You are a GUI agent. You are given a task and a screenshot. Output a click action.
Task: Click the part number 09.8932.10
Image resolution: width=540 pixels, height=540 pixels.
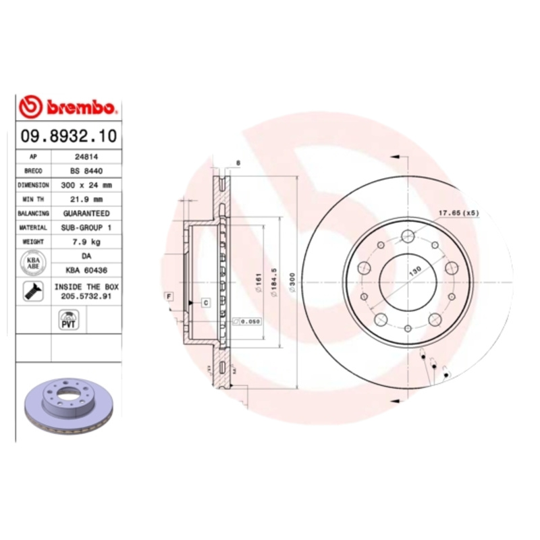pos(68,136)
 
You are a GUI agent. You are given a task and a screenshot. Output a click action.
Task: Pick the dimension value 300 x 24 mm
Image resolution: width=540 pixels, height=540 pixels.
pos(86,185)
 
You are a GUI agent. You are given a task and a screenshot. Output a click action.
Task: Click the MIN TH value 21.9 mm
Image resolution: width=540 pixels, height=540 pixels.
pos(86,199)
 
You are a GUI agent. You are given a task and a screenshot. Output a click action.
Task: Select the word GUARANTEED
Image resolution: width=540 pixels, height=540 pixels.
pos(86,213)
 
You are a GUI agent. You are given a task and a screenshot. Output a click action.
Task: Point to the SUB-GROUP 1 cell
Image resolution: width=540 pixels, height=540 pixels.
pos(86,227)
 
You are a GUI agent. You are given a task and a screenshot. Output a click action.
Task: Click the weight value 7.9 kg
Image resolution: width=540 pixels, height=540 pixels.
pos(86,242)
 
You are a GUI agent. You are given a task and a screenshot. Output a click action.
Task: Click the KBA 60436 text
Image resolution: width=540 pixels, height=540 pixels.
pos(86,270)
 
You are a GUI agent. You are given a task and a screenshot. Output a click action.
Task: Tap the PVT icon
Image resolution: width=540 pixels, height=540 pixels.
pos(69,320)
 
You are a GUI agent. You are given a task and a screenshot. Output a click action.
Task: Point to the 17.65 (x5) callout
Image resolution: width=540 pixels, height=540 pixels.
pos(458,213)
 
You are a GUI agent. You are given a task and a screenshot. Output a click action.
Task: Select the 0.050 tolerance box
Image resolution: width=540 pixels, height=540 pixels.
pos(247,323)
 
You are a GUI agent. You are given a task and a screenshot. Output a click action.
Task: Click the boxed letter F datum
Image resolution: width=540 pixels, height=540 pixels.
pos(168,296)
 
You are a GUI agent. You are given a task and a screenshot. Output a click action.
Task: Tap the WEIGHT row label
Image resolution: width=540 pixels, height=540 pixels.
pos(33,242)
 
